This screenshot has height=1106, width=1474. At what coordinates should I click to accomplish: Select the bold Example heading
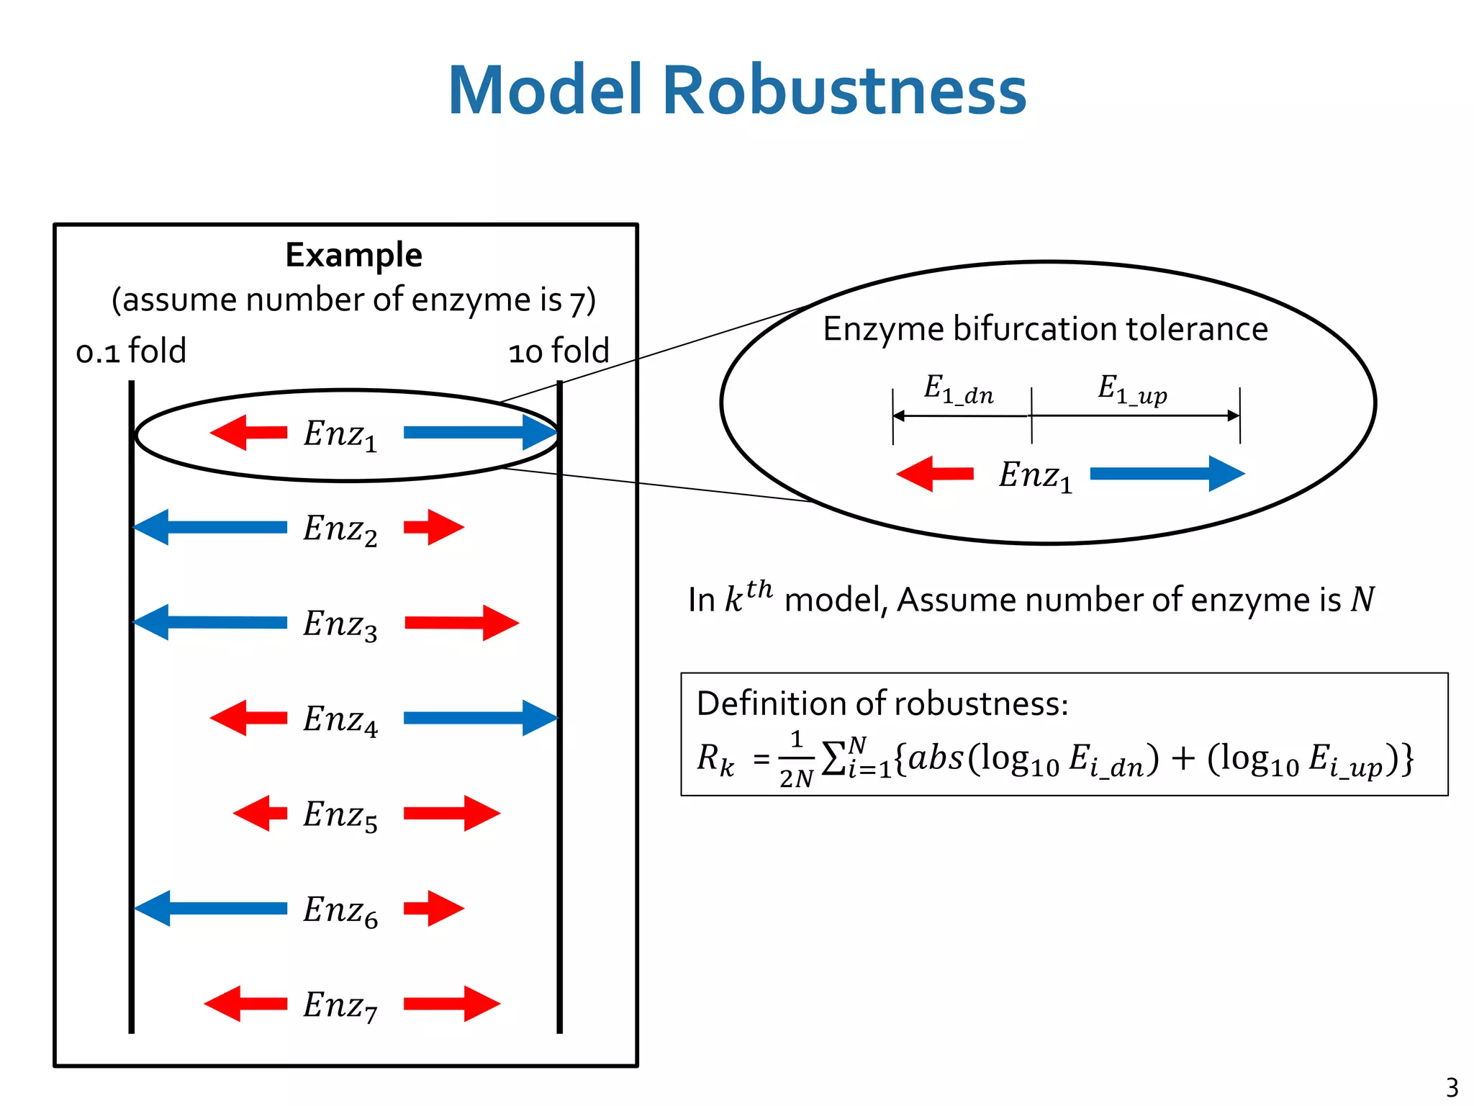[x=353, y=256]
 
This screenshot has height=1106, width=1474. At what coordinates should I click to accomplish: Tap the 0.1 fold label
[x=131, y=351]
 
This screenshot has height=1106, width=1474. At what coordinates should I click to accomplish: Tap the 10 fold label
[x=559, y=351]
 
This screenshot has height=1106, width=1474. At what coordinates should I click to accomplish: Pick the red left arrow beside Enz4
[x=249, y=717]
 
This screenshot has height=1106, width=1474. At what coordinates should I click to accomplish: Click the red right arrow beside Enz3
[x=461, y=622]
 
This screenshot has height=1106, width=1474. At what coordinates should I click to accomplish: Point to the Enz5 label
[x=340, y=815]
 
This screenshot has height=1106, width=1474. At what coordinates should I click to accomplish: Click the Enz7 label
[x=340, y=1005]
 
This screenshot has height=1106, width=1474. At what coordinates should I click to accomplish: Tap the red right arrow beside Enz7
[x=451, y=1004]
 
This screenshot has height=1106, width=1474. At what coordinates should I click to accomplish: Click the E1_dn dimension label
[x=959, y=390]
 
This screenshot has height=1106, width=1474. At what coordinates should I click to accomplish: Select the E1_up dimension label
[x=1131, y=390]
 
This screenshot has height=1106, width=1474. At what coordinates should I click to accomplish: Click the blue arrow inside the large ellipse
[x=1167, y=473]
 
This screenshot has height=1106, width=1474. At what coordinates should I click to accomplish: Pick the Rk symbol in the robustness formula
[x=715, y=760]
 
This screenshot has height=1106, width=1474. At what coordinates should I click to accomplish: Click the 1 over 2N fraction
[x=796, y=760]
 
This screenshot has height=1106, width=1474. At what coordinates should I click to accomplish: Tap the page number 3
[x=1452, y=1087]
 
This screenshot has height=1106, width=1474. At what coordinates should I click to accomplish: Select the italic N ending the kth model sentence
[x=1362, y=599]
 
